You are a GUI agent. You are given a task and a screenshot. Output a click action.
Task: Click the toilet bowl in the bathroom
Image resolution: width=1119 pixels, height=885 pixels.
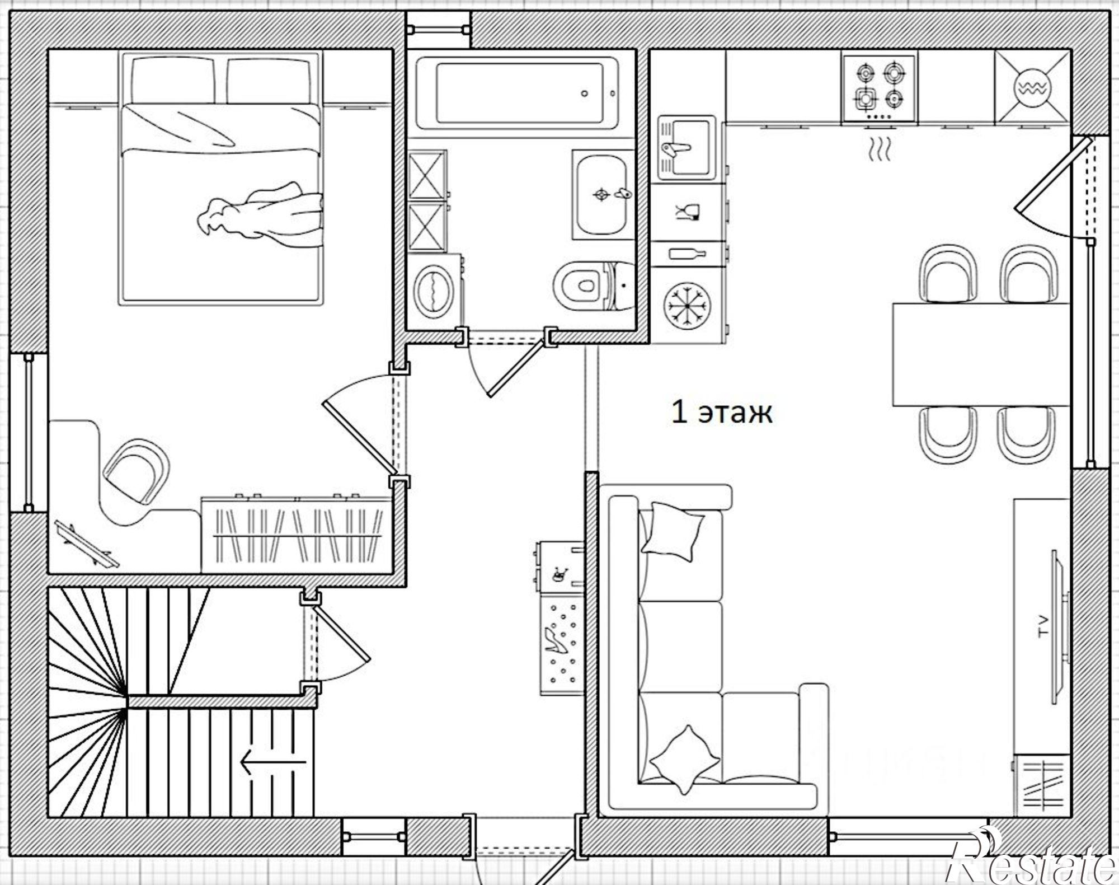click(581, 284)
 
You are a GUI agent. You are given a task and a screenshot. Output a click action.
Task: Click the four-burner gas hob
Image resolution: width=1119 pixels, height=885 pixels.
click(880, 88)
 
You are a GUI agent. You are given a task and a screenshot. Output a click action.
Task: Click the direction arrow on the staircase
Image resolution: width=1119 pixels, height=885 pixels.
click(273, 762)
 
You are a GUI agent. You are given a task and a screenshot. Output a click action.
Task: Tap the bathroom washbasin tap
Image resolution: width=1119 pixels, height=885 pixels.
click(622, 194)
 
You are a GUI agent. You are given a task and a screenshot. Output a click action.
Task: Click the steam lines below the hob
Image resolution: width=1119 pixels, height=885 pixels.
click(880, 149)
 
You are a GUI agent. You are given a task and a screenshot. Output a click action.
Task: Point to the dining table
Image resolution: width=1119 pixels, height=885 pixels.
click(981, 354)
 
